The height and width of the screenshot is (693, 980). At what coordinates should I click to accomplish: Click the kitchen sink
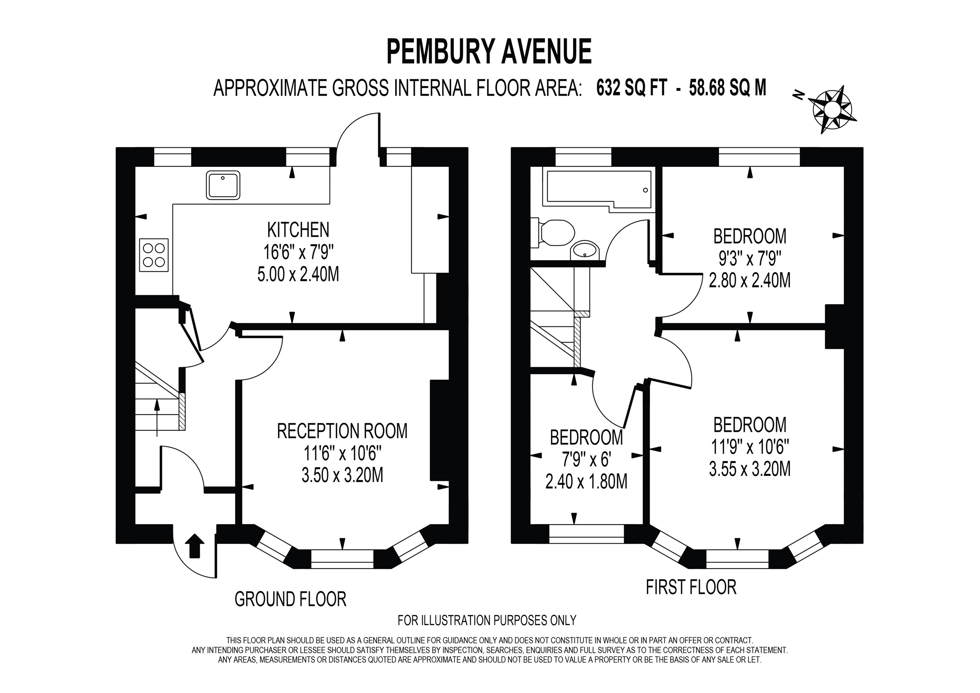223,185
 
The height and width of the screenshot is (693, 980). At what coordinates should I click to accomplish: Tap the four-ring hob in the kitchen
154,255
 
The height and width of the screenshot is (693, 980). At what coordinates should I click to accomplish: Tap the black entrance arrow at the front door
194,545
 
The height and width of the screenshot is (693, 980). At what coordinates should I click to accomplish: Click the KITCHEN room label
298,230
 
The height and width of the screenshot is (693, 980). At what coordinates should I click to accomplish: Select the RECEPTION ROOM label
342,431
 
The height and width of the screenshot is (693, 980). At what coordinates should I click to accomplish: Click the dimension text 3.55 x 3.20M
750,469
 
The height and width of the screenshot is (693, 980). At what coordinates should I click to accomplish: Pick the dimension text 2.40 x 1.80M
586,482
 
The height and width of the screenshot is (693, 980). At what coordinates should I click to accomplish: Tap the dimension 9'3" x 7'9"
750,258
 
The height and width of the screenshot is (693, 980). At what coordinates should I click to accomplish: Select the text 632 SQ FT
631,88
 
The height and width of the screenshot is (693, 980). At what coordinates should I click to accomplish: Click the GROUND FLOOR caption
290,599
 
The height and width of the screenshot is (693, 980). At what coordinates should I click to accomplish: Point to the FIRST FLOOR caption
691,587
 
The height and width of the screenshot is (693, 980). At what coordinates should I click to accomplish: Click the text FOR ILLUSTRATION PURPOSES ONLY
487,620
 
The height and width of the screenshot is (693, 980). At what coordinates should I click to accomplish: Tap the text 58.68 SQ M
727,88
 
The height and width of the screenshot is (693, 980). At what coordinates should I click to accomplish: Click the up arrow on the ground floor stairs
157,416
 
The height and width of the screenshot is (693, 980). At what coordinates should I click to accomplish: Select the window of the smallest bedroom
586,534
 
